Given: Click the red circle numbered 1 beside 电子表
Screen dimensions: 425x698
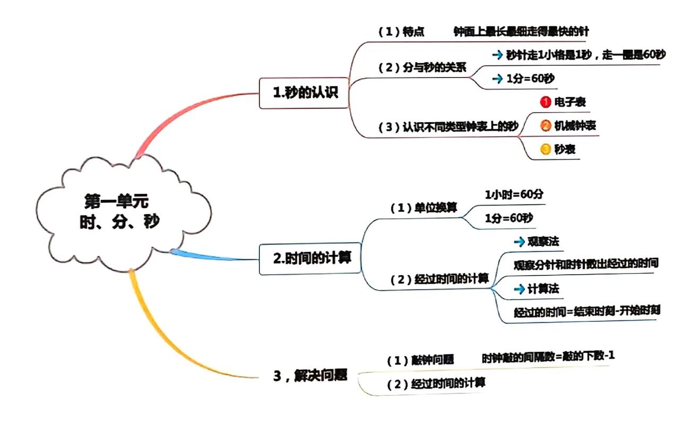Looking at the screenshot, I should pyautogui.click(x=544, y=101).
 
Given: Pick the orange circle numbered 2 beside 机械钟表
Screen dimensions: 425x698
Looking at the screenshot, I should pyautogui.click(x=546, y=126).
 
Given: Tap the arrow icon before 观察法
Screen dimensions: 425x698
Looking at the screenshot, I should pyautogui.click(x=519, y=242).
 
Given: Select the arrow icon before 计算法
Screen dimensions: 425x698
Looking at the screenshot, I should pyautogui.click(x=519, y=289).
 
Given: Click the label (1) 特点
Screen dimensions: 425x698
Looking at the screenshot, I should pyautogui.click(x=402, y=32).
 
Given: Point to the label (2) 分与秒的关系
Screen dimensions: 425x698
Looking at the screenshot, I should pyautogui.click(x=422, y=68).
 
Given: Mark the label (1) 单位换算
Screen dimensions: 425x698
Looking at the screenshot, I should pyautogui.click(x=423, y=208).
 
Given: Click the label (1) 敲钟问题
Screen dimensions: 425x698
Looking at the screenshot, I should pyautogui.click(x=420, y=360).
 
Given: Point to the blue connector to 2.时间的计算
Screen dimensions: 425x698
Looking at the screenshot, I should pyautogui.click(x=212, y=256).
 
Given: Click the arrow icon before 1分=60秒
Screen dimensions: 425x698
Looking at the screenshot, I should pyautogui.click(x=497, y=79).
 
